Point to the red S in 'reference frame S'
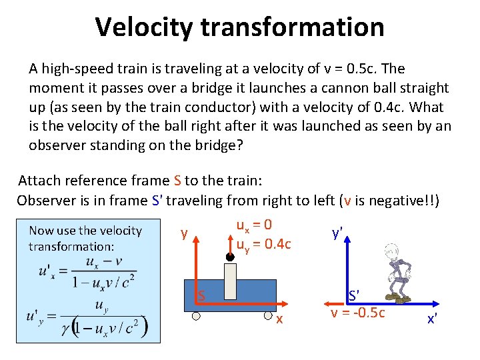[177, 180]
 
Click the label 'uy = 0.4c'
[263, 244]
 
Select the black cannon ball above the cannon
[229, 256]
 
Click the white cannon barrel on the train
[230, 281]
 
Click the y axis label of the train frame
[183, 233]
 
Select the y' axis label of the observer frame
[337, 233]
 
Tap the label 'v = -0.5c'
[358, 313]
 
